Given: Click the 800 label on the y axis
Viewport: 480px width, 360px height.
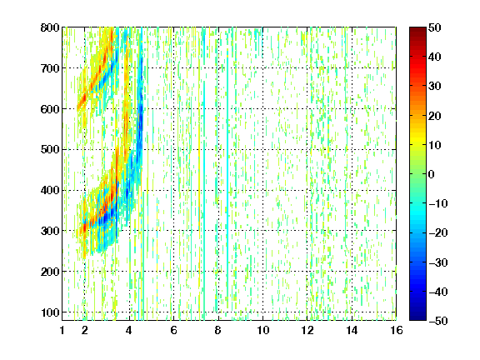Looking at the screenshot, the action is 50,27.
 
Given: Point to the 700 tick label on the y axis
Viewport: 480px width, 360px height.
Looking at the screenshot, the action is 50,68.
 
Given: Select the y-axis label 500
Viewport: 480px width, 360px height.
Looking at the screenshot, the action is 50,150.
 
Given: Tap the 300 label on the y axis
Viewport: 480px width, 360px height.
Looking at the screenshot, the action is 50,231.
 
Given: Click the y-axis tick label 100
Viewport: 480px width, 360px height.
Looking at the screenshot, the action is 50,312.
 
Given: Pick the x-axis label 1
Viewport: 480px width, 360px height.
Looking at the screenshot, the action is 62,330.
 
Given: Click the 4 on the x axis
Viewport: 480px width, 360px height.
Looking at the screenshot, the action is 129,330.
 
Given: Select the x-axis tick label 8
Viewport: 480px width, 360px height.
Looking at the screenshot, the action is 217,330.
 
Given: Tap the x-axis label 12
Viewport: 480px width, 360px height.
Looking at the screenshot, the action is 307,330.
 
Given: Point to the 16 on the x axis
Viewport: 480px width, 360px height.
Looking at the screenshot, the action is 397,330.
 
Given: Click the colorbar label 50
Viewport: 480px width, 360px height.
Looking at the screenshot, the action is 434,27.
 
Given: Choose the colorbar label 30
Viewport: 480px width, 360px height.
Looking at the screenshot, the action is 434,86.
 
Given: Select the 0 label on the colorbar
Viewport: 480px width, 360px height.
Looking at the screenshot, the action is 432,174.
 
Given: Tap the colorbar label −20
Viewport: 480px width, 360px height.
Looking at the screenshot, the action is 438,232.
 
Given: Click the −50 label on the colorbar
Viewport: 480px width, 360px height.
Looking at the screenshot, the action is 438,321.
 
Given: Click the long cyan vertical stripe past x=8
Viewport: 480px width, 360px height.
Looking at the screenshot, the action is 227,183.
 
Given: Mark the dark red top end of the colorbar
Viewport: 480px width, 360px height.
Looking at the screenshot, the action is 417,30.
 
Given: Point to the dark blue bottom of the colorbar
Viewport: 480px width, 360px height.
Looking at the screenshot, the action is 417,317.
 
